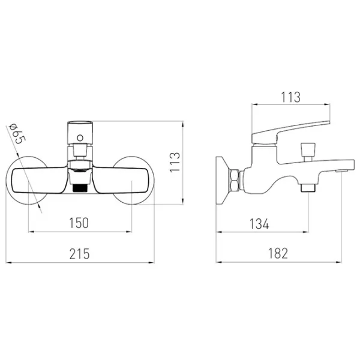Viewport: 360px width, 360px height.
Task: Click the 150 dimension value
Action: (x=79, y=223)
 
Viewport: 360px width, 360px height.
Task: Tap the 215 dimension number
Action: (x=79, y=254)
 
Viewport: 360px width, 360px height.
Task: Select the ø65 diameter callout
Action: (x=17, y=134)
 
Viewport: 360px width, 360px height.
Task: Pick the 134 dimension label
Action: (x=259, y=224)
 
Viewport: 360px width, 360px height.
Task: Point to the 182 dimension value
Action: (x=278, y=253)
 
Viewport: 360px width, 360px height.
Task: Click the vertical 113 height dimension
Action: (x=175, y=162)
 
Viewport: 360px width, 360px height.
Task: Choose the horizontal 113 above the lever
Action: (x=290, y=97)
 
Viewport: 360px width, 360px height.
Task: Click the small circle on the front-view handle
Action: (x=80, y=138)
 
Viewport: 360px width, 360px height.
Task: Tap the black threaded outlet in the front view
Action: (x=80, y=188)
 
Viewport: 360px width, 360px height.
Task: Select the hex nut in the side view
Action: (x=234, y=180)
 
